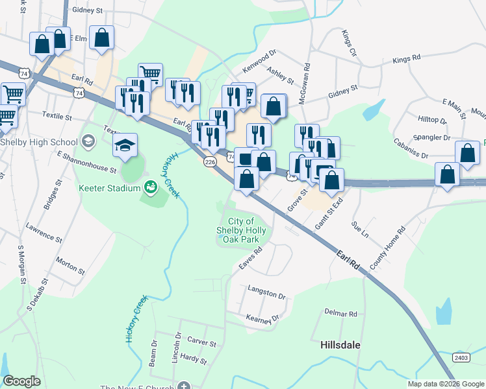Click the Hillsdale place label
(x=340, y=345)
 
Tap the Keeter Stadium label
(x=109, y=188)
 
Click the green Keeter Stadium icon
(x=151, y=187)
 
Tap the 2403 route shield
(x=461, y=357)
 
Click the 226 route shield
(x=210, y=162)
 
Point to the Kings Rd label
(x=407, y=60)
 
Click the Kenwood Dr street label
(x=259, y=61)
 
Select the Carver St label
(x=201, y=342)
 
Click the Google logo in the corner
(x=21, y=381)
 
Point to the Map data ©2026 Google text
(x=446, y=384)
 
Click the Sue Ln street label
(x=359, y=228)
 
